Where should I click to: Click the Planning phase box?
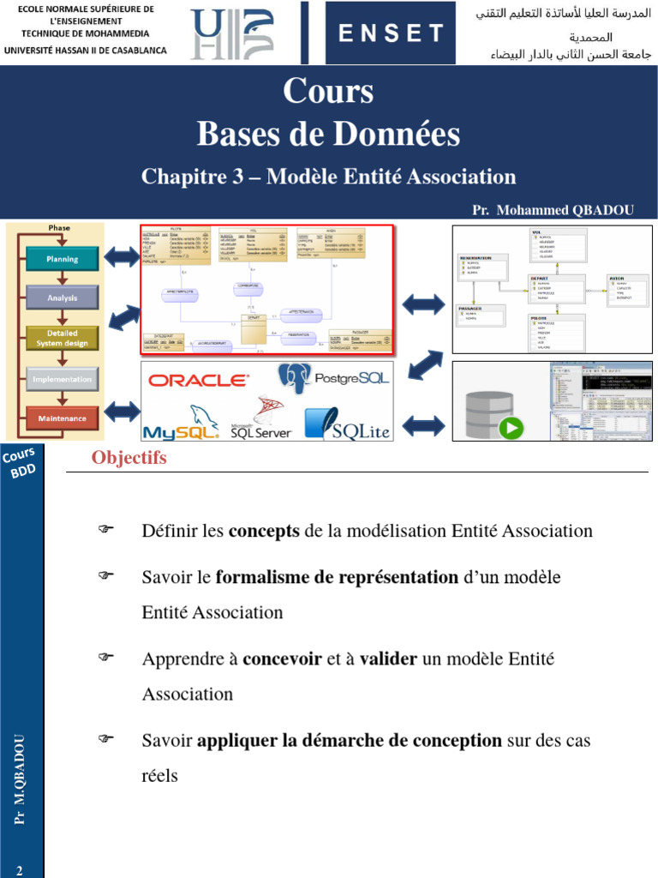coord(63,259)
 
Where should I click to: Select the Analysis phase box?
coord(63,298)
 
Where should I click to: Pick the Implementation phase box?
coord(63,379)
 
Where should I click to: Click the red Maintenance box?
coord(63,418)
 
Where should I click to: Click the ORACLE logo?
coord(199,380)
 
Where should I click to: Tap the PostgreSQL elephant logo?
coord(294,377)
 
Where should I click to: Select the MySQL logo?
coord(181,422)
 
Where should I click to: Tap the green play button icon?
coord(511,427)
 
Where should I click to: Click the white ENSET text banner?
coord(391,33)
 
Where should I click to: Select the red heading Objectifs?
coord(129,458)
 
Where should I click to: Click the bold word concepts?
coord(264,531)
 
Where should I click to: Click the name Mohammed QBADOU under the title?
coord(565,210)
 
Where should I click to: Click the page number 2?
coord(19,871)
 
